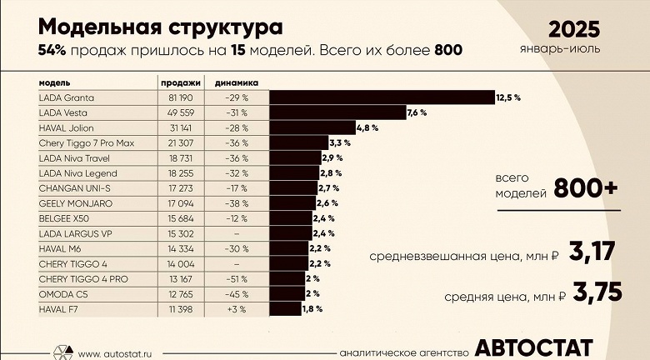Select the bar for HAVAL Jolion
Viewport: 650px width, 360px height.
coord(312,127)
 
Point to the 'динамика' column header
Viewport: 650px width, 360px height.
coord(236,82)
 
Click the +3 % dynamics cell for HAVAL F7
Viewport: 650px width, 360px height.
coord(237,308)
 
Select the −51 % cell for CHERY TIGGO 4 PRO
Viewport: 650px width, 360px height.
coord(237,278)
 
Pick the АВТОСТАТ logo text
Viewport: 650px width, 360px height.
coord(534,347)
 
